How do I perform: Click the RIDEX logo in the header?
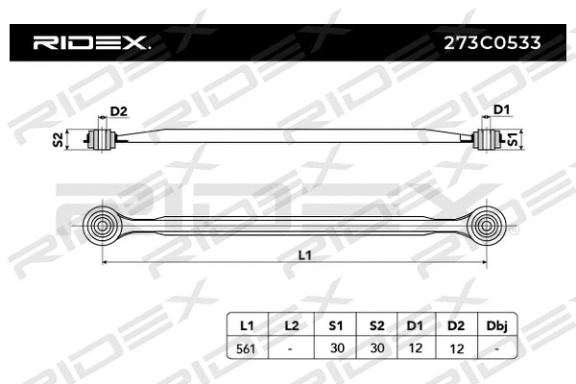pyautogui.click(x=89, y=42)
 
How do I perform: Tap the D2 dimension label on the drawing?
pyautogui.click(x=118, y=112)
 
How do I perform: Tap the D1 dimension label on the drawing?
pyautogui.click(x=500, y=112)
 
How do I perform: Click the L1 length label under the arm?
pyautogui.click(x=304, y=255)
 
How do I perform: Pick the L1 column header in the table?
pyautogui.click(x=247, y=326)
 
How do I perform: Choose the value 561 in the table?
pyautogui.click(x=247, y=349)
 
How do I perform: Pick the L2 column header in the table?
pyautogui.click(x=291, y=326)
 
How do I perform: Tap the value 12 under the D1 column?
pyautogui.click(x=415, y=349)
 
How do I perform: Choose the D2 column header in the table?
pyautogui.click(x=455, y=326)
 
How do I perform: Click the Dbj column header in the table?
pyautogui.click(x=495, y=326)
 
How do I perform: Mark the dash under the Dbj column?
pyautogui.click(x=495, y=349)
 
